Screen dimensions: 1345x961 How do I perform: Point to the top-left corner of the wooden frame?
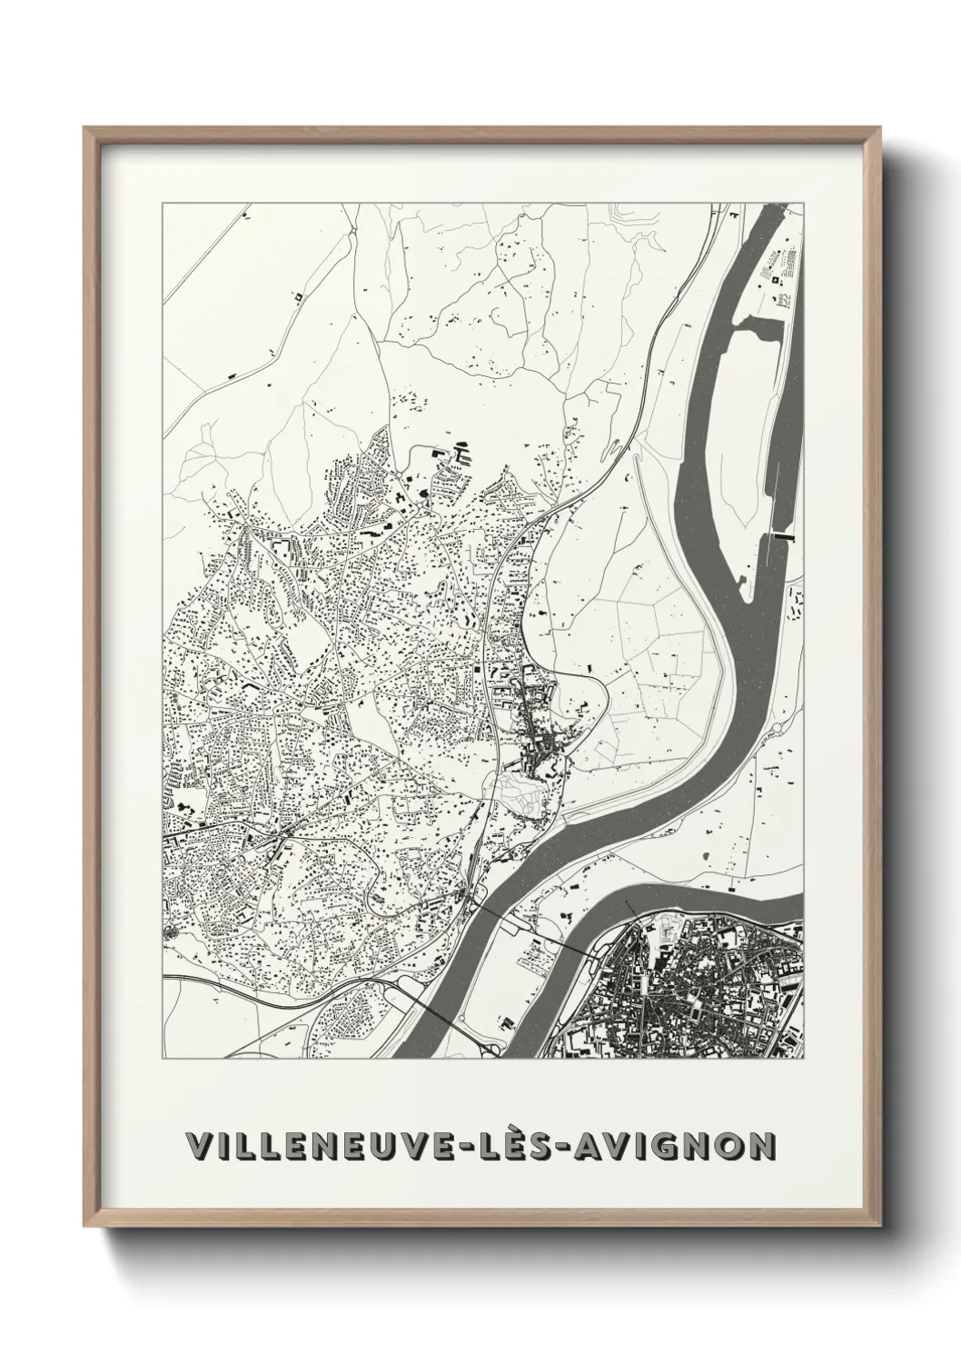coord(84,127)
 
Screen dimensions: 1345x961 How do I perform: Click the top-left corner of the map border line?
coord(163,204)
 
